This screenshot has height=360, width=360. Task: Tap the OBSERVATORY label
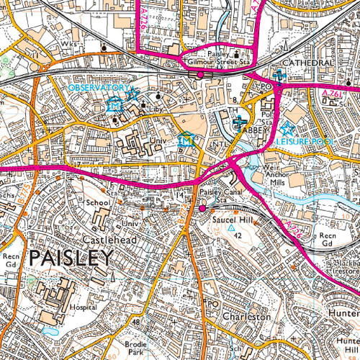pos(98,87)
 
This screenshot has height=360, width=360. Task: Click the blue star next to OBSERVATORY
pos(131,92)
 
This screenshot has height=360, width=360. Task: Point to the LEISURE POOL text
pos(305,142)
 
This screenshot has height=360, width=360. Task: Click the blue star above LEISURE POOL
pos(288,130)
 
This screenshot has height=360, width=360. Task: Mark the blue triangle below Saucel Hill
pos(232,228)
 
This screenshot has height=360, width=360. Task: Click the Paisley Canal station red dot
pos(202,208)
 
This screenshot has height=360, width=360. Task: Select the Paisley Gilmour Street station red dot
pos(199,74)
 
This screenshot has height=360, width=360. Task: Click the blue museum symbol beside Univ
pos(186,140)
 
